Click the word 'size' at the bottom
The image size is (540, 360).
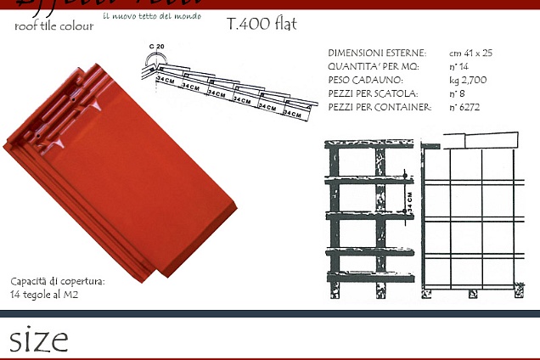click(x=39, y=340)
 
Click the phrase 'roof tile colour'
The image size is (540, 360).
click(x=54, y=25)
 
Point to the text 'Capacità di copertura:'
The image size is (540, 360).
click(x=58, y=281)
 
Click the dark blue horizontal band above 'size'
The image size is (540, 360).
click(x=270, y=316)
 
